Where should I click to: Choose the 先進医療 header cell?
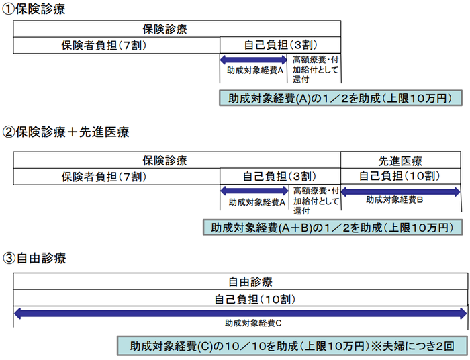coord(400,161)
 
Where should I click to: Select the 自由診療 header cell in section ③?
coord(240,281)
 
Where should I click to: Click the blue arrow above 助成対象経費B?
coord(401,191)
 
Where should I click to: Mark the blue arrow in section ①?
coord(254,60)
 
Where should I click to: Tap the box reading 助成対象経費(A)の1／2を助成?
coord(340,99)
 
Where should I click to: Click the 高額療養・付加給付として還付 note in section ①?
coord(316,69)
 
